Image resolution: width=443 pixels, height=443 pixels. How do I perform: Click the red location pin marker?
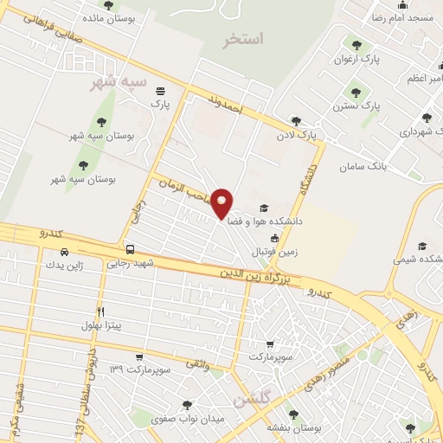tap(222, 203)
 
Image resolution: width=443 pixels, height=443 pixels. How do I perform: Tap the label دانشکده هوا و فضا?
tap(265, 221)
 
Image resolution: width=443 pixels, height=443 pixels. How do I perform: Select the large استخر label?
tap(243, 39)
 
